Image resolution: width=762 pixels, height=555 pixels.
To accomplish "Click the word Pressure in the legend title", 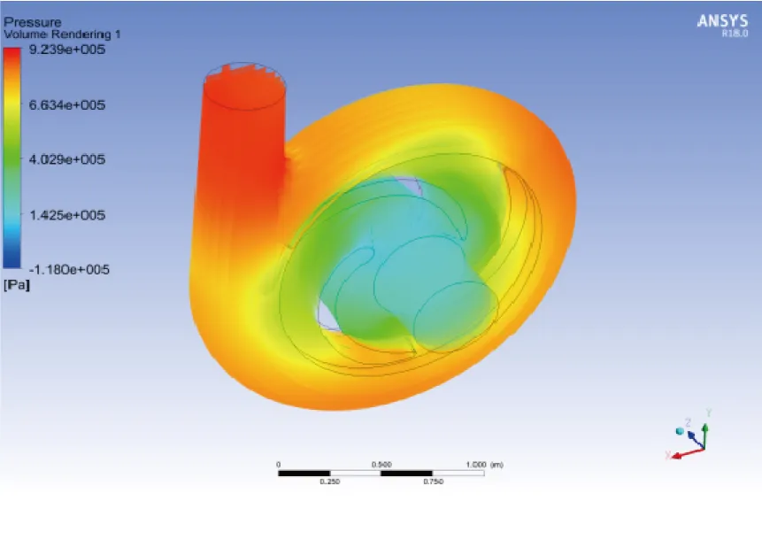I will pos(32,22).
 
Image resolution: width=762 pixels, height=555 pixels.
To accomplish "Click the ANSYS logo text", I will pos(722,21).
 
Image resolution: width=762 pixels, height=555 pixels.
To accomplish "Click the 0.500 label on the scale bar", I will pos(381,464).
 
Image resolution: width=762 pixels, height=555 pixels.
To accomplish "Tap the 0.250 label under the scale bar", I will pos(329,482).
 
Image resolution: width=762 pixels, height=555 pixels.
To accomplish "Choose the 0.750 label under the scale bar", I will pos(433,482).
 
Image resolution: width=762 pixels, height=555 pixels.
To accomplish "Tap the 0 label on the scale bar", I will pos(279,464).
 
